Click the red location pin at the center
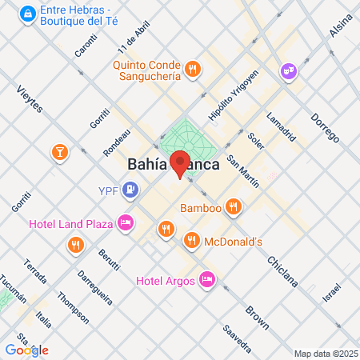click(181, 162)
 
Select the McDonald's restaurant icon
click(192, 239)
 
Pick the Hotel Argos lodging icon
click(206, 279)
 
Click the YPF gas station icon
click(131, 190)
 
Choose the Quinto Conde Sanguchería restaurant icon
click(192, 70)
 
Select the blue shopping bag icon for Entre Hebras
click(28, 14)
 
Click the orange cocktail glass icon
click(60, 152)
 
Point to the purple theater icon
click(287, 72)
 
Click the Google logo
click(26, 350)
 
